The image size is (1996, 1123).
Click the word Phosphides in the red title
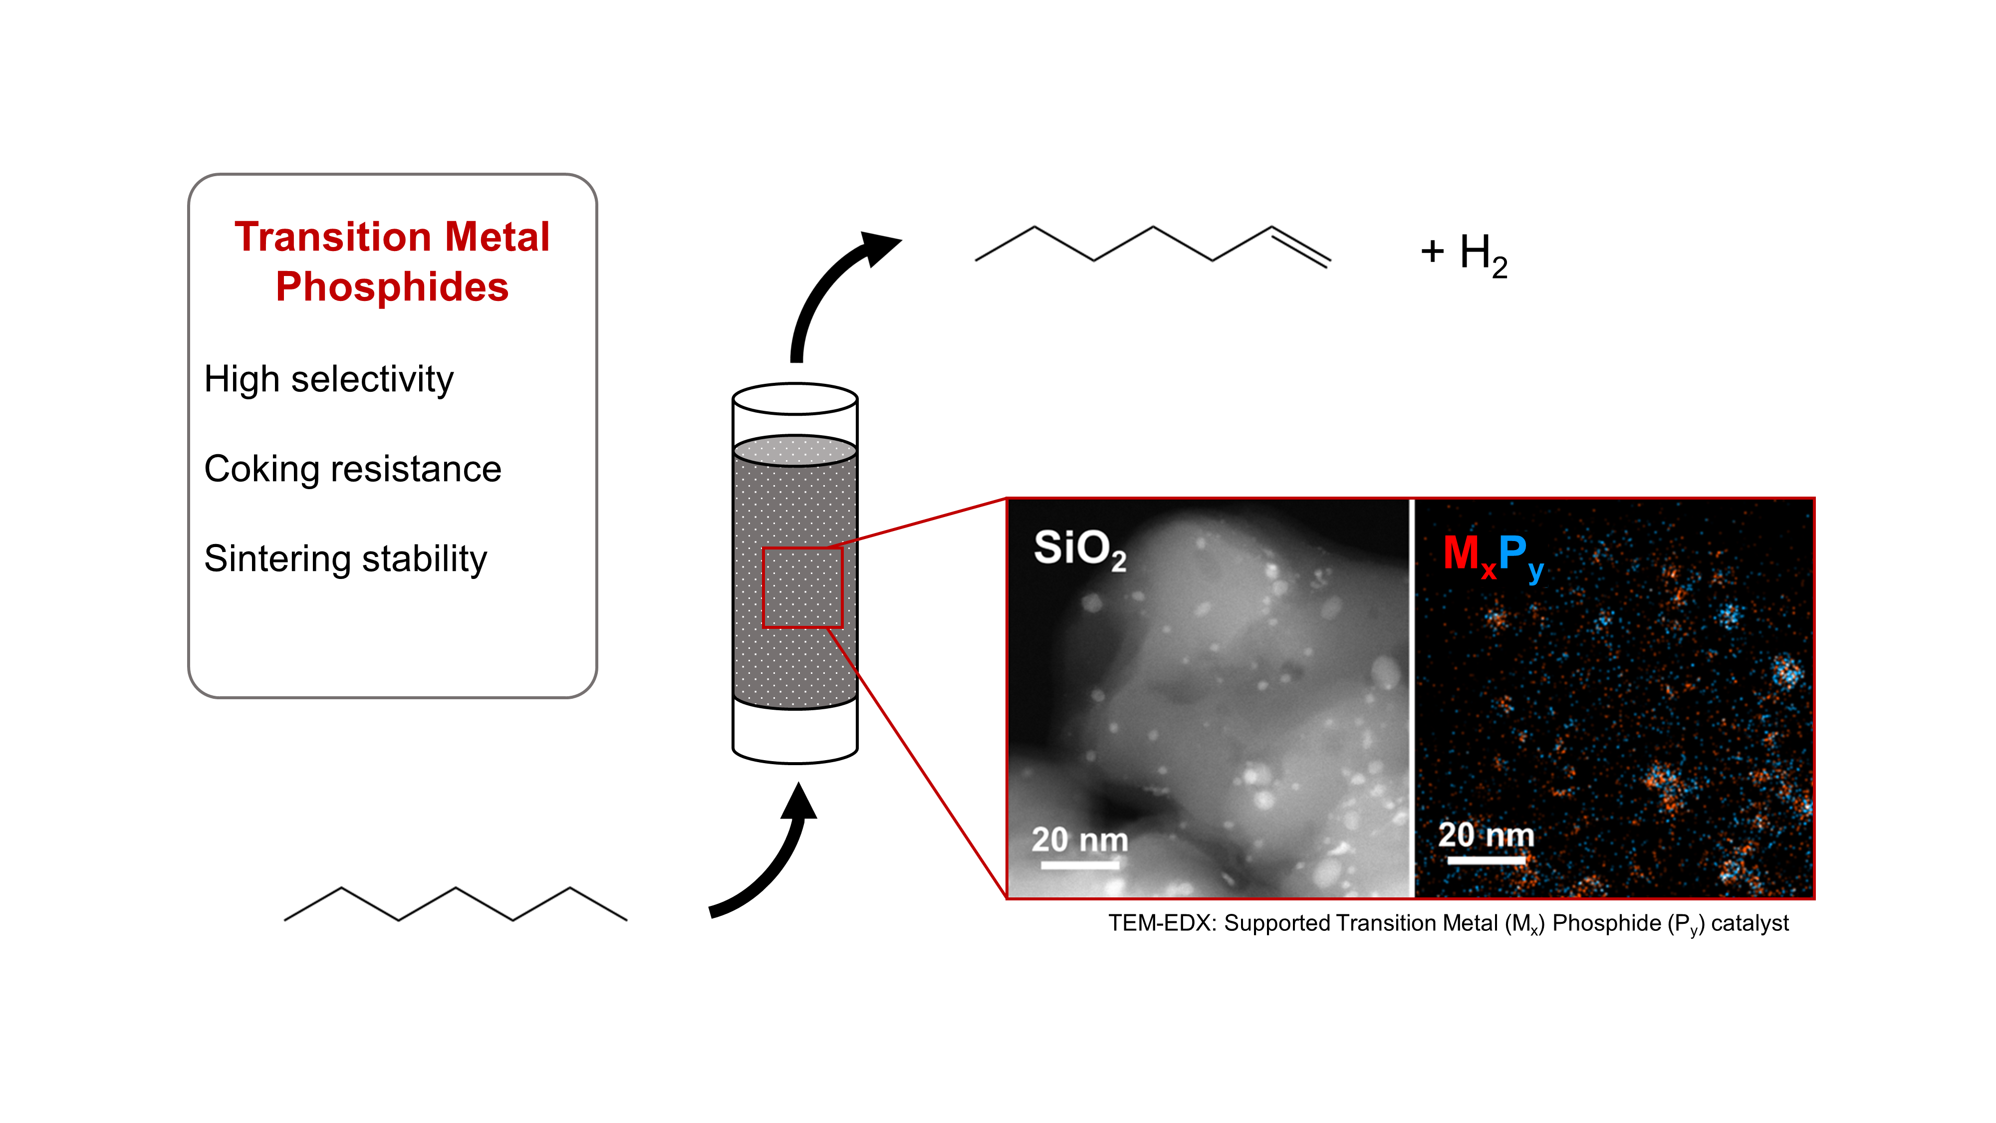(392, 287)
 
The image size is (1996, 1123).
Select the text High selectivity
(328, 380)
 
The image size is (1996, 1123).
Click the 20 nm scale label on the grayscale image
(1079, 840)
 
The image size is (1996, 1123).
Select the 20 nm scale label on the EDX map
(1486, 835)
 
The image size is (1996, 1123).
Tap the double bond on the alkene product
(1301, 247)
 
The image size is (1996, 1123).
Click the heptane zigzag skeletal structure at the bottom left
(456, 904)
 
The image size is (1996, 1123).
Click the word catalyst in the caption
(1749, 923)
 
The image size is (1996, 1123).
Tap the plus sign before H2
(1432, 251)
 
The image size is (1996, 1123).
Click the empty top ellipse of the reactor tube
(795, 399)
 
